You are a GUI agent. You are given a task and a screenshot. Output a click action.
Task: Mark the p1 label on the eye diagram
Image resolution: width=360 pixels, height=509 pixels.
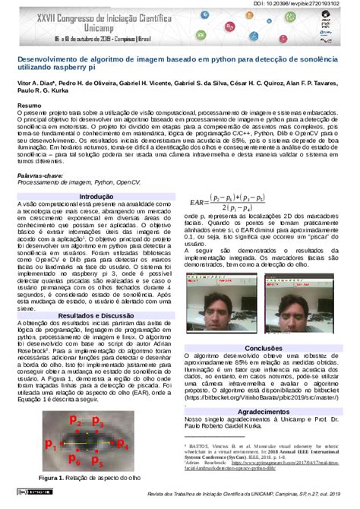point(49,444)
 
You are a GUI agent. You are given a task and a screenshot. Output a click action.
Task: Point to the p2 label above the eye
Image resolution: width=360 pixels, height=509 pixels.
point(75,420)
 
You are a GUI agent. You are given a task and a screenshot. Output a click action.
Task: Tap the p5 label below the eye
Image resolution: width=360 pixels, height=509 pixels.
point(96,460)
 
